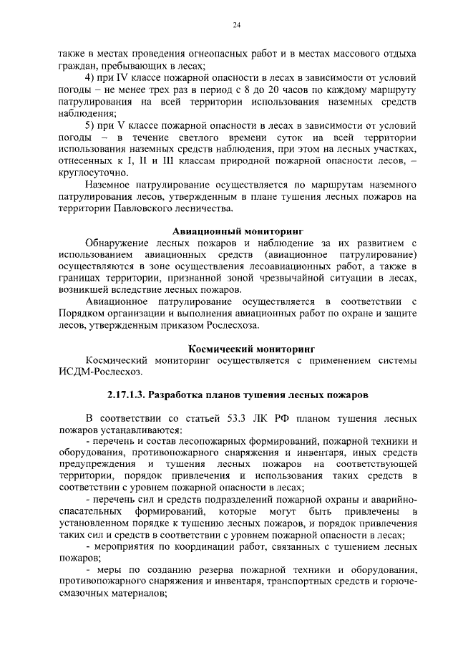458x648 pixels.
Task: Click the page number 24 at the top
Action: pyautogui.click(x=235, y=26)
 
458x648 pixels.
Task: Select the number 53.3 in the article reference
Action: pyautogui.click(x=240, y=418)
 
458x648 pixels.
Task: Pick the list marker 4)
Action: pyautogui.click(x=91, y=77)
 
